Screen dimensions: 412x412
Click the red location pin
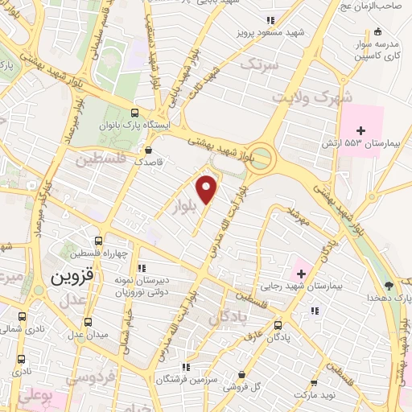[x=208, y=188]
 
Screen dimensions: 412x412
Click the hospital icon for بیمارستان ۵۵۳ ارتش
[x=361, y=130]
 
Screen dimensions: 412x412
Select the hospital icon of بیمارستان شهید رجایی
[x=301, y=274]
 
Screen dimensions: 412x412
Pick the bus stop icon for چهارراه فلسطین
[x=98, y=241]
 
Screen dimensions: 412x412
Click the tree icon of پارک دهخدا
[x=389, y=286]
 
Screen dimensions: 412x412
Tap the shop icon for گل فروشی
[x=242, y=373]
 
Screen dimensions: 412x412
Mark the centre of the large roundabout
[x=261, y=159]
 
